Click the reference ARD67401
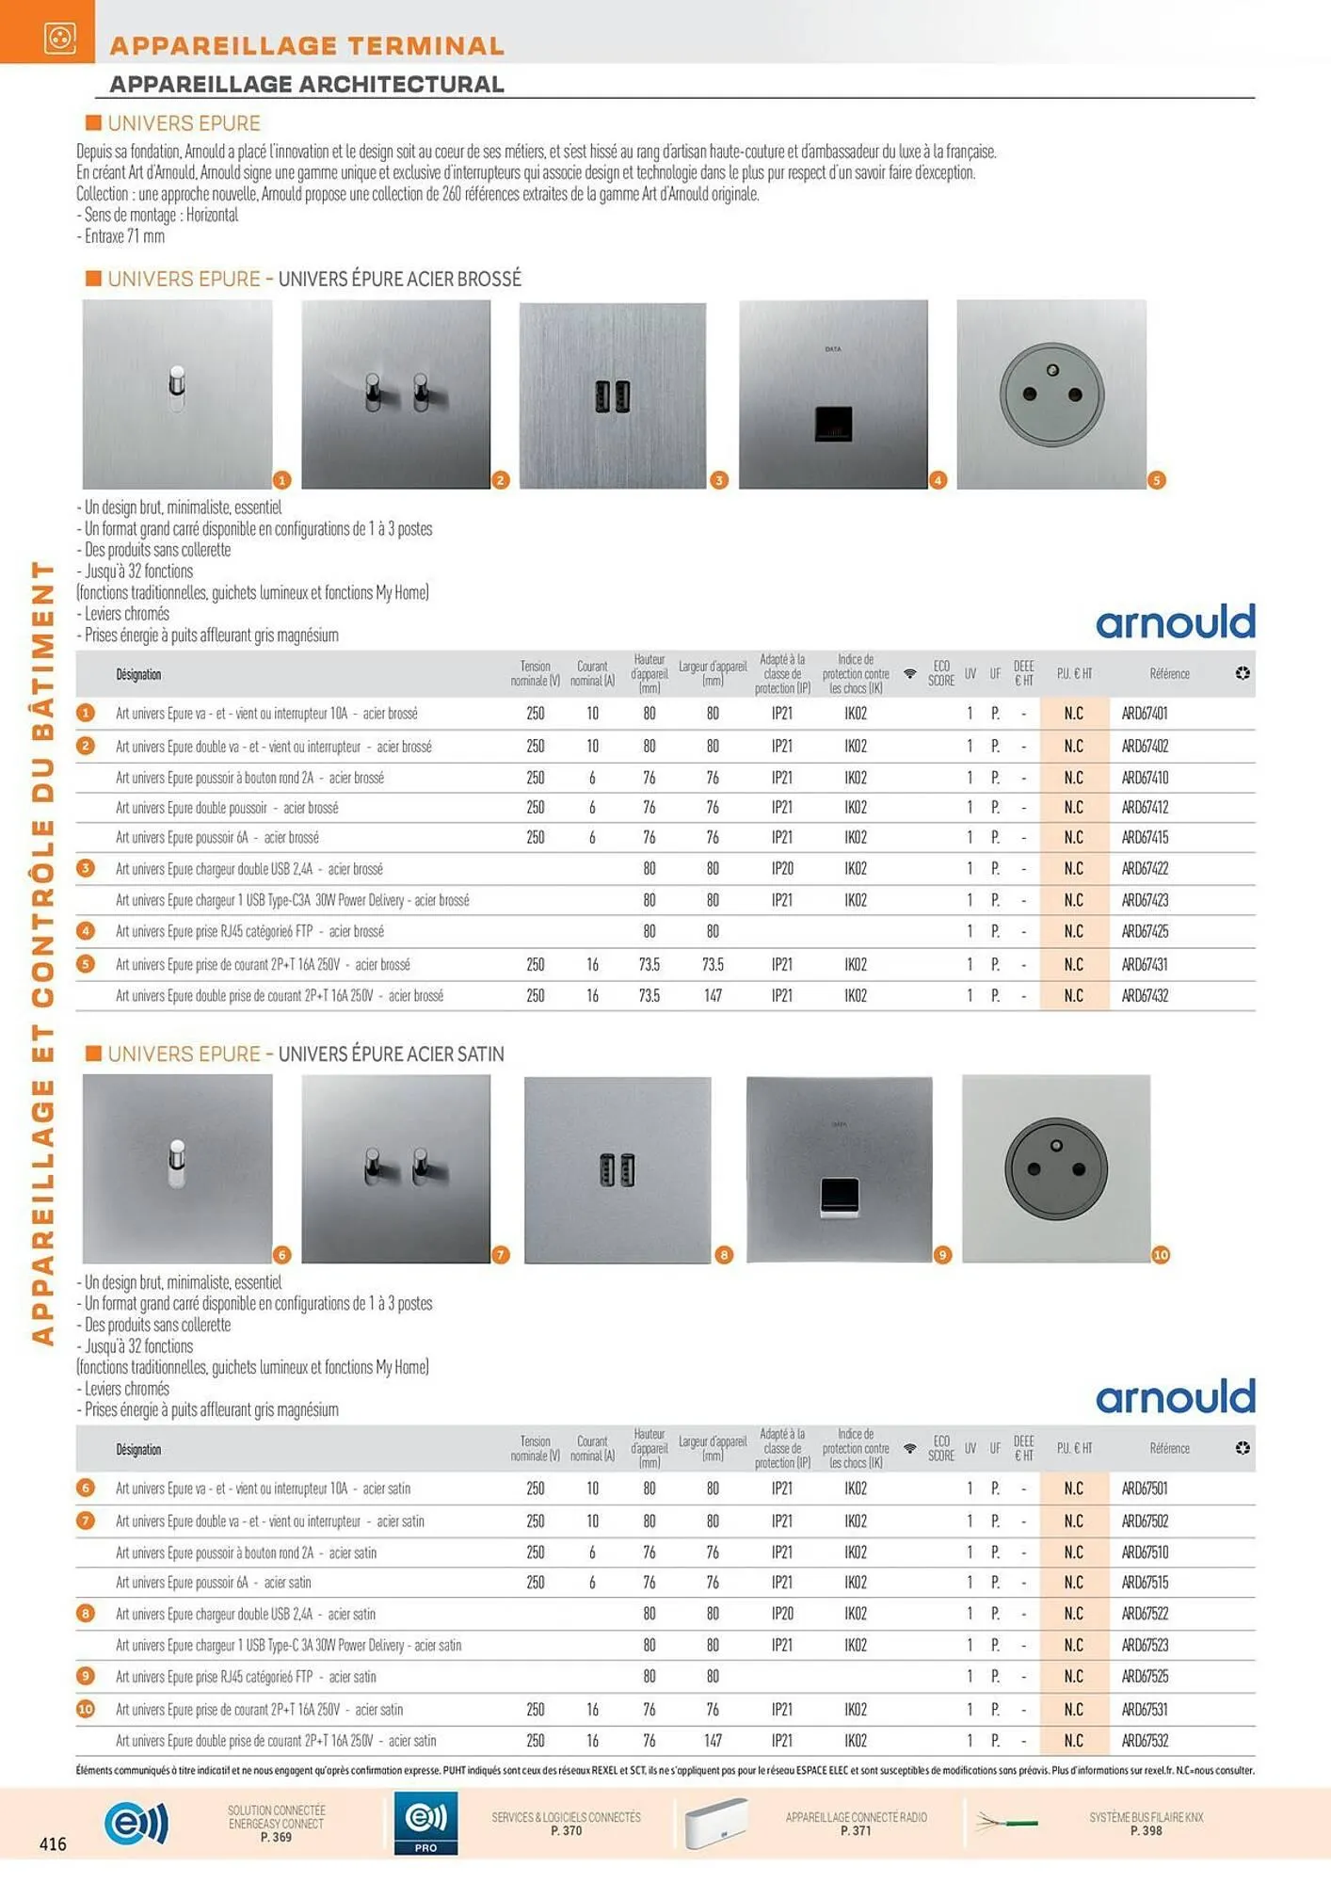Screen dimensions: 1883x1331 tap(1145, 714)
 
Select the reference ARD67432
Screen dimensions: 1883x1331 tap(1145, 995)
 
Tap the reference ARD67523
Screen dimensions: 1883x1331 tap(1145, 1645)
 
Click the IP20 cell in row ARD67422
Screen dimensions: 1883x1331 tap(782, 868)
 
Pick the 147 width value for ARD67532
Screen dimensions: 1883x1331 tap(713, 1740)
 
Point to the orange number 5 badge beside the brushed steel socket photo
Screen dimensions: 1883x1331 tap(1157, 480)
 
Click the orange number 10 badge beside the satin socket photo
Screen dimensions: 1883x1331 tap(1161, 1255)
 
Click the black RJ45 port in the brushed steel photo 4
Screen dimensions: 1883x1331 tap(833, 424)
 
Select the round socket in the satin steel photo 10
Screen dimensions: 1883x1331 tap(1056, 1168)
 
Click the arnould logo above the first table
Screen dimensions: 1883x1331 tap(1175, 622)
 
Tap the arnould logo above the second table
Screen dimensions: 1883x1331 tap(1175, 1397)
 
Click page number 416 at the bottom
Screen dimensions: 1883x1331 tap(53, 1843)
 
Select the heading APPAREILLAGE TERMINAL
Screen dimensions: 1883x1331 tap(307, 45)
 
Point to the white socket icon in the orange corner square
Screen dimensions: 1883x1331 tap(59, 38)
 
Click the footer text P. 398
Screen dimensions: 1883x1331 tap(1146, 1831)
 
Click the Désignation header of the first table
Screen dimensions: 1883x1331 tap(138, 674)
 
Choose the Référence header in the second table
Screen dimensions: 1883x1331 tap(1169, 1448)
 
